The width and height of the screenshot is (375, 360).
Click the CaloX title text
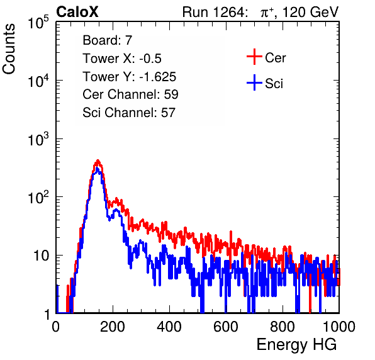(x=77, y=12)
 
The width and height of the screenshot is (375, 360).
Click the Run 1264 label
(x=213, y=12)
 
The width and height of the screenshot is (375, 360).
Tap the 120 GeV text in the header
(x=311, y=12)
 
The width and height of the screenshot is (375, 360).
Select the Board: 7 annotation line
(x=108, y=40)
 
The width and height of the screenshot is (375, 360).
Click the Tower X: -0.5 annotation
(x=122, y=58)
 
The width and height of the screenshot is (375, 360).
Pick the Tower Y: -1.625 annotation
(x=130, y=76)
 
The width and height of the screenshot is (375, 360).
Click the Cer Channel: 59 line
(x=130, y=94)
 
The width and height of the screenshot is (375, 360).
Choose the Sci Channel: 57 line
(x=129, y=113)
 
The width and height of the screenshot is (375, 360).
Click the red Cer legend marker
(x=254, y=57)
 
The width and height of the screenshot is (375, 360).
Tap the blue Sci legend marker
(x=254, y=82)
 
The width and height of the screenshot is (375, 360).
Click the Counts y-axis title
(x=9, y=49)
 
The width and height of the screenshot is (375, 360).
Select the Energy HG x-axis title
(x=296, y=345)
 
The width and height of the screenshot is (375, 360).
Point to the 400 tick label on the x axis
(x=169, y=327)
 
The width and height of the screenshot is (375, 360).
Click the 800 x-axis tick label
(x=283, y=327)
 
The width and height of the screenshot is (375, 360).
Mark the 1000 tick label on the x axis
(x=339, y=327)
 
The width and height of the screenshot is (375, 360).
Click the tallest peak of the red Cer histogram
(x=98, y=160)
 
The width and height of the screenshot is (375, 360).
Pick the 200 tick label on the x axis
(x=113, y=327)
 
